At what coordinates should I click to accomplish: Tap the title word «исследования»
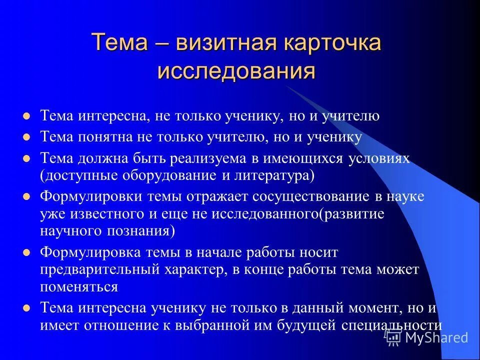pos(236,71)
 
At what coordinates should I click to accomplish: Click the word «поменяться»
pos(79,287)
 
